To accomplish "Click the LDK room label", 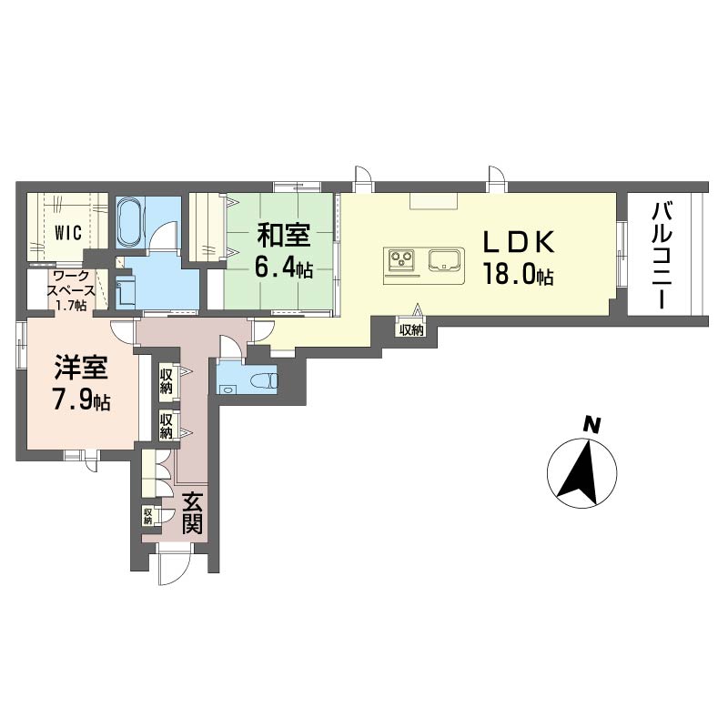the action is (519, 242).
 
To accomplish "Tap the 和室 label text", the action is (284, 236).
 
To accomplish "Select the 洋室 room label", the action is (81, 368).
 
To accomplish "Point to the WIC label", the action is (68, 232).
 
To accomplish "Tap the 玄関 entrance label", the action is (192, 513).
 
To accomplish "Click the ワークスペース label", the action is (74, 284).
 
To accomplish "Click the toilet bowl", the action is (264, 381).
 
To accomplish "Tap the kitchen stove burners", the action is (401, 259).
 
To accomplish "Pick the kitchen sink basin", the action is (446, 259).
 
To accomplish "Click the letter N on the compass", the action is (591, 425).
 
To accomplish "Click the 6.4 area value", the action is (275, 268).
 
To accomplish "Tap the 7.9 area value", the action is (74, 400).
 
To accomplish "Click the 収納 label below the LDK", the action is (411, 330).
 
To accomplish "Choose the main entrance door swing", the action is (174, 565).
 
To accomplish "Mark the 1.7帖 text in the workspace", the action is (70, 305).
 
